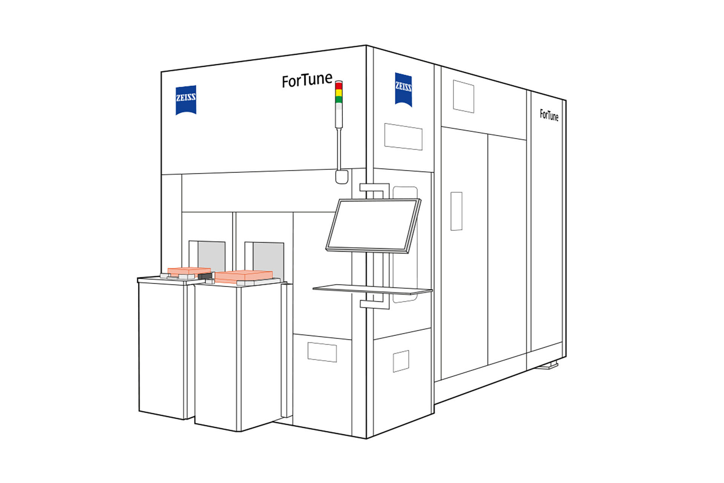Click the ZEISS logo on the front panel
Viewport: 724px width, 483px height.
pyautogui.click(x=186, y=100)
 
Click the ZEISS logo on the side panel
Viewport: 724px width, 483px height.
pyautogui.click(x=403, y=90)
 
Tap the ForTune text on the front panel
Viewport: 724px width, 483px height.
pyautogui.click(x=307, y=80)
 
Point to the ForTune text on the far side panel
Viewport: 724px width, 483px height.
pyautogui.click(x=549, y=115)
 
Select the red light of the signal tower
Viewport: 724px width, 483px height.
pyautogui.click(x=339, y=86)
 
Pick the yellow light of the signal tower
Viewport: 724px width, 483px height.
pyautogui.click(x=339, y=93)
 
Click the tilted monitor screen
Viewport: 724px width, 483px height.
pyautogui.click(x=373, y=226)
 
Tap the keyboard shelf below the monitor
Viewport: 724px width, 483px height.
pyautogui.click(x=373, y=289)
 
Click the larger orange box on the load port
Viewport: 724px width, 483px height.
pyautogui.click(x=244, y=276)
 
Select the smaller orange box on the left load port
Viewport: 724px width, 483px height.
pyautogui.click(x=189, y=271)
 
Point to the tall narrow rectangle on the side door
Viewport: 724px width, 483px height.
pyautogui.click(x=457, y=211)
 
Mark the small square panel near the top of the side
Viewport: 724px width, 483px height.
pyautogui.click(x=463, y=96)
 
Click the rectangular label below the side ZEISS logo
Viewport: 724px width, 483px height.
pyautogui.click(x=403, y=137)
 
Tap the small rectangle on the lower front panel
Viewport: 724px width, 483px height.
pyautogui.click(x=322, y=352)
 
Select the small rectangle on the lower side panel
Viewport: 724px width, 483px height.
pyautogui.click(x=401, y=361)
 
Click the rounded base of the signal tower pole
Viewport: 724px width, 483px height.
pyautogui.click(x=342, y=177)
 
